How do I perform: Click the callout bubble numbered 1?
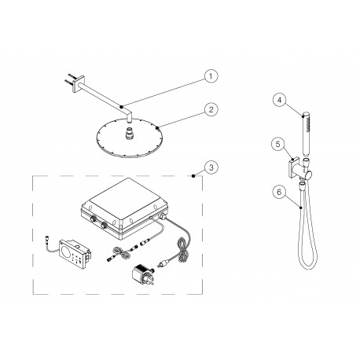208,76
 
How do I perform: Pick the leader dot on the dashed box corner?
193,178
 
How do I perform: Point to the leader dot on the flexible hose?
303,205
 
